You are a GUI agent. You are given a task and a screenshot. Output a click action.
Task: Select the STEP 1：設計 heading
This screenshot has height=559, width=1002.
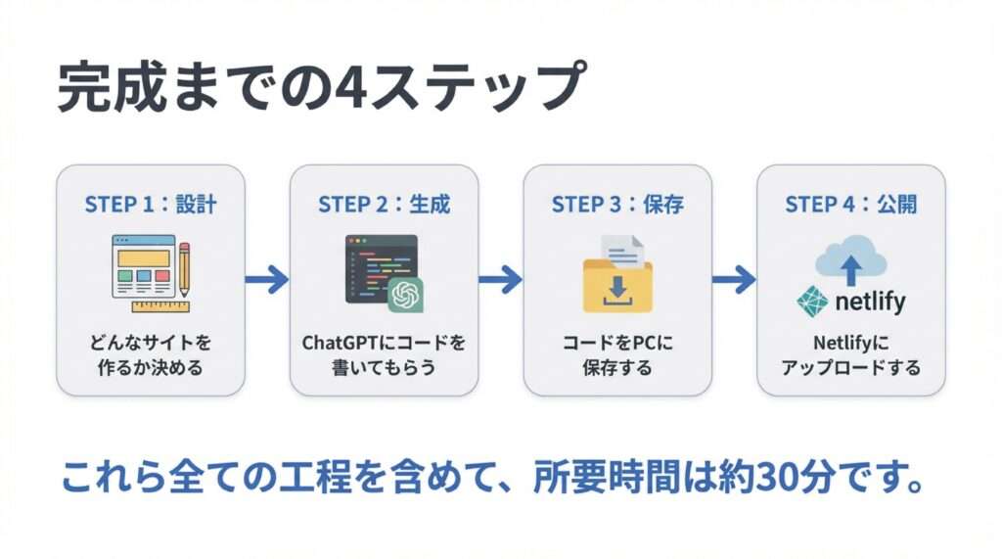click(150, 205)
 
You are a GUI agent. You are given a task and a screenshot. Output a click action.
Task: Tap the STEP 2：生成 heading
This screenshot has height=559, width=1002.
click(384, 205)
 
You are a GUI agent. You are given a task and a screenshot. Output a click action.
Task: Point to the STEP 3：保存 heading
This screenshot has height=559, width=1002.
click(617, 205)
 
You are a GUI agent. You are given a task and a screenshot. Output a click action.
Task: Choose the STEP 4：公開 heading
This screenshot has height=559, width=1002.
click(850, 205)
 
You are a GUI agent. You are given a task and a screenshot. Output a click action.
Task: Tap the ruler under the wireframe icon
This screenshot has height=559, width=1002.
click(159, 305)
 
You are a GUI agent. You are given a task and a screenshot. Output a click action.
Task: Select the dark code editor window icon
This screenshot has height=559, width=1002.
click(377, 264)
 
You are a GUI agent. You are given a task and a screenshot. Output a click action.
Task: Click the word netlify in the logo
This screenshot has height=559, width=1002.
click(870, 302)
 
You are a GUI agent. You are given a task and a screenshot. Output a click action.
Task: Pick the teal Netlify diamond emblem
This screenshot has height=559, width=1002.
click(812, 302)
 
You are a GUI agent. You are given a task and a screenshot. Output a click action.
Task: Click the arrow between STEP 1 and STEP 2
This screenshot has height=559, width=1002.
click(266, 280)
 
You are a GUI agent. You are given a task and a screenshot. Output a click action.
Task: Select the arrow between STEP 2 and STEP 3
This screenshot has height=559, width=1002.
click(500, 280)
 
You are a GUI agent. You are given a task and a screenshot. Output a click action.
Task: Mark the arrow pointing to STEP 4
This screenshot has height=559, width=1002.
click(734, 280)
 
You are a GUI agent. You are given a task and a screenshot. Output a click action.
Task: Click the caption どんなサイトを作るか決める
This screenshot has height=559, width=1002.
click(150, 355)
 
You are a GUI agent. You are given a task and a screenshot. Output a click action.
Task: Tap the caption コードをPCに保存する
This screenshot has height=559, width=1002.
click(617, 355)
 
